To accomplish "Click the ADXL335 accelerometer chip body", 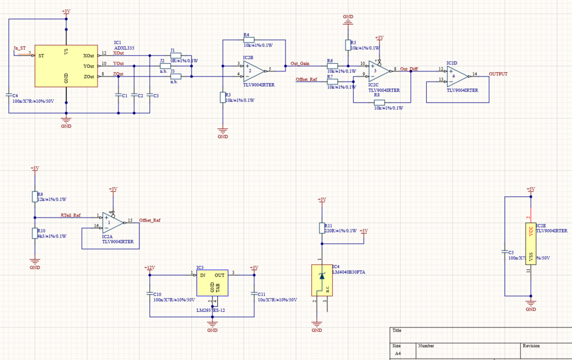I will [x=66, y=66].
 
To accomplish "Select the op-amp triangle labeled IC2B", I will [x=252, y=70].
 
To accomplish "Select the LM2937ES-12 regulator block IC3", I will [x=212, y=283].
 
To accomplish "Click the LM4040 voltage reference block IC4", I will [x=321, y=280].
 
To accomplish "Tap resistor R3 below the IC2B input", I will [x=223, y=98].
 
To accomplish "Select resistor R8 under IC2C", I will [x=380, y=102].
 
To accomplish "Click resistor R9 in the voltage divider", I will [x=35, y=196].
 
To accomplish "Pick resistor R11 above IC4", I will [x=321, y=228].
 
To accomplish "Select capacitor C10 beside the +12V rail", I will [x=149, y=293].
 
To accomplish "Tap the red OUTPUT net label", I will [x=498, y=74].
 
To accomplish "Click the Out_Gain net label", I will [x=300, y=64].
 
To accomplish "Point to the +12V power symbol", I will [x=149, y=268].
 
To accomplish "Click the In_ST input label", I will [x=20, y=49].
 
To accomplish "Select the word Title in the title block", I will [x=397, y=330].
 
